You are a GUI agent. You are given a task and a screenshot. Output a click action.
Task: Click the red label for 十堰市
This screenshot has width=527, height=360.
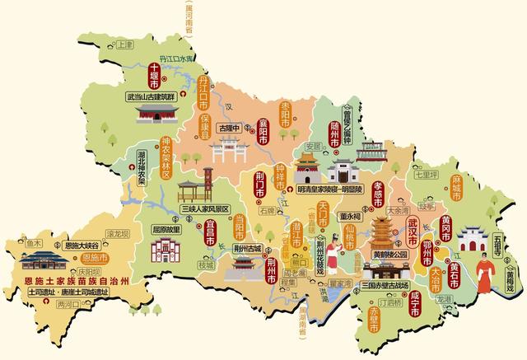(x=153, y=77)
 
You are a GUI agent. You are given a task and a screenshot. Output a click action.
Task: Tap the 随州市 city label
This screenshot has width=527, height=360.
(x=334, y=133)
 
